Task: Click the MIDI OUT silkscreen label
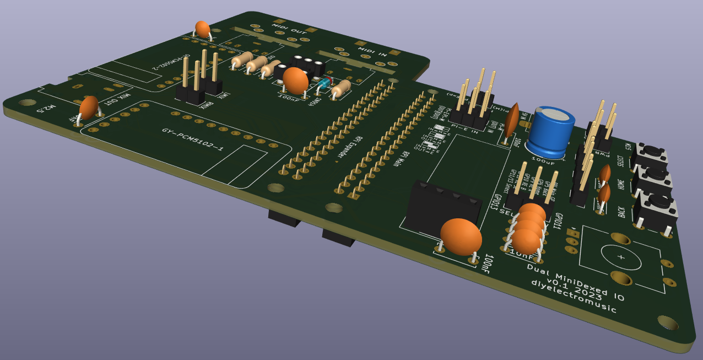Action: pyautogui.click(x=290, y=24)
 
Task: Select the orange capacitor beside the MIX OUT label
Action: pyautogui.click(x=88, y=108)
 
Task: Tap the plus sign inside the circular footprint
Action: pyautogui.click(x=622, y=258)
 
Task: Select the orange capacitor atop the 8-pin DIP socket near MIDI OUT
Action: pyautogui.click(x=296, y=80)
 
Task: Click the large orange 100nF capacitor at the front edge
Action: pyautogui.click(x=461, y=237)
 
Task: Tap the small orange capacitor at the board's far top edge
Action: pyautogui.click(x=203, y=29)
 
